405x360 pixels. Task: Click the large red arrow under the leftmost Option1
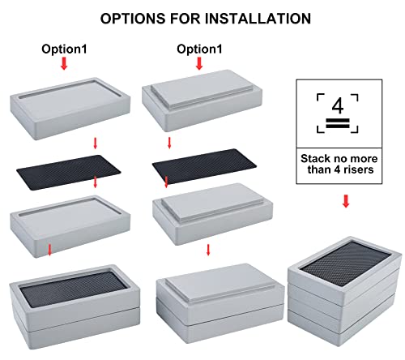tap(65, 66)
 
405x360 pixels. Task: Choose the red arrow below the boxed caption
tap(345, 200)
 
